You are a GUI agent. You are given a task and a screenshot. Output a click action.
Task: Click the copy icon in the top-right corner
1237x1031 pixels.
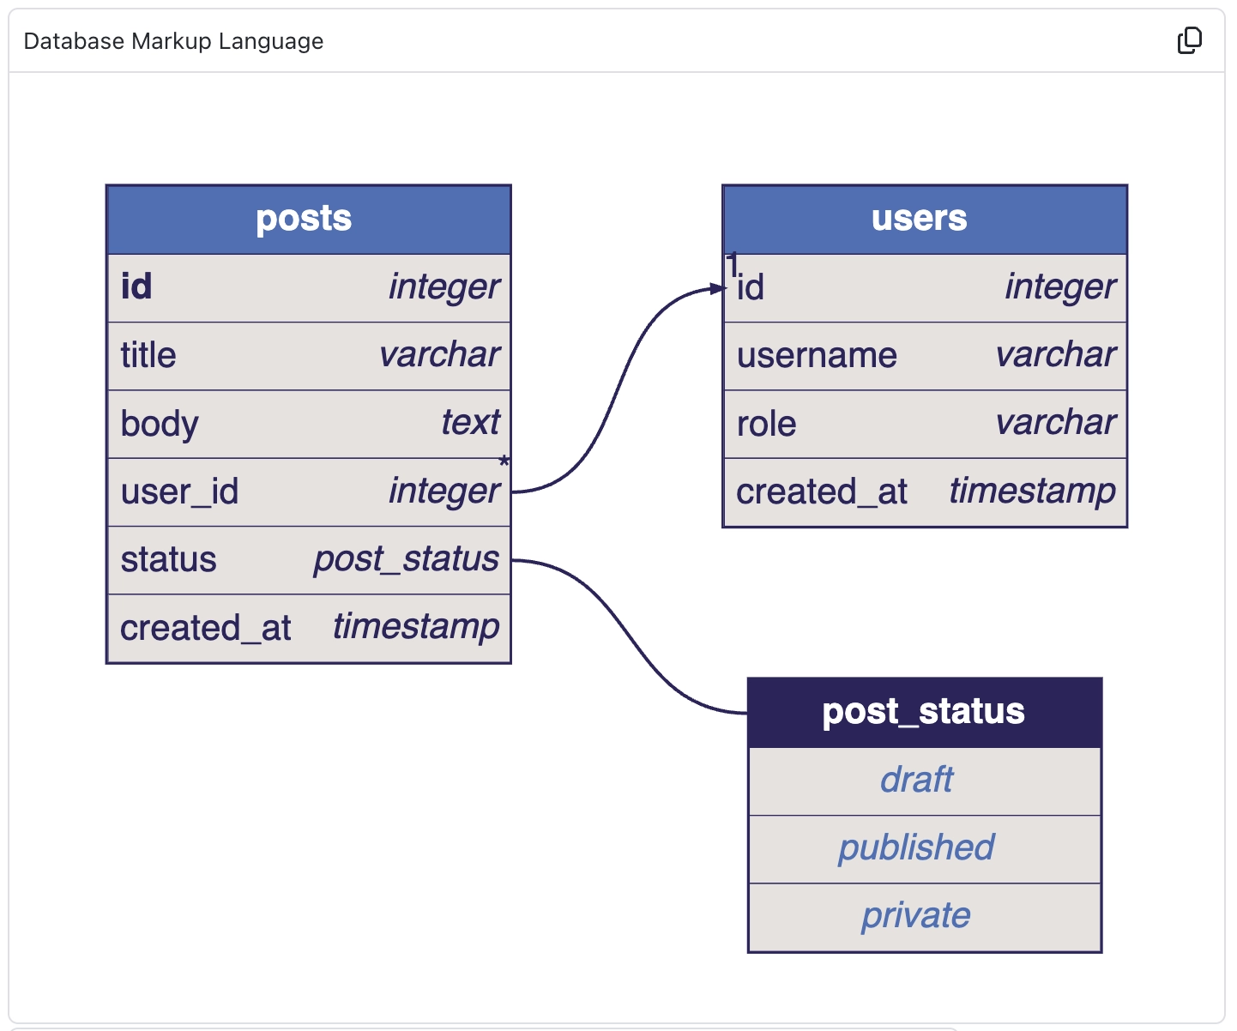[1189, 40]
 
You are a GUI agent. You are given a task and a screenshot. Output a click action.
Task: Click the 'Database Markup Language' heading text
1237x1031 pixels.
[173, 41]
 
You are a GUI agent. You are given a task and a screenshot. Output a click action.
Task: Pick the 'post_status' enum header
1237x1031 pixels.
[924, 712]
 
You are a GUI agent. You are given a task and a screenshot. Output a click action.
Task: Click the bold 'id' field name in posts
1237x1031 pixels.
[136, 286]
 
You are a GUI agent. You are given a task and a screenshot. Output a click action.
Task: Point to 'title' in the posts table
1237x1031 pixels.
[148, 355]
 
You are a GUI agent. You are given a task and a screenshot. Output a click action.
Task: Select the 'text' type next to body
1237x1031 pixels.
[470, 423]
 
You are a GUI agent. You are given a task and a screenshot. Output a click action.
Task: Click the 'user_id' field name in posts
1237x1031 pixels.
[179, 491]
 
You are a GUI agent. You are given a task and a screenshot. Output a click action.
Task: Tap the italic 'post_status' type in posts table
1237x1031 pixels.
[406, 559]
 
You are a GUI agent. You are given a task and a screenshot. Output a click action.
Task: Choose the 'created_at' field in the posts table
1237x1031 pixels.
[206, 628]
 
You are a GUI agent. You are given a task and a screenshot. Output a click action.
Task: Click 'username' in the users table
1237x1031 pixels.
[817, 355]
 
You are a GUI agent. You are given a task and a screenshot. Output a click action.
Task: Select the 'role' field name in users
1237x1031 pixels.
[766, 424]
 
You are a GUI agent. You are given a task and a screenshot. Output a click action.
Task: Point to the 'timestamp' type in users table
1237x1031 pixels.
[1032, 491]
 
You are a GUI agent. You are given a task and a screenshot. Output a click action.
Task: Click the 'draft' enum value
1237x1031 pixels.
[916, 780]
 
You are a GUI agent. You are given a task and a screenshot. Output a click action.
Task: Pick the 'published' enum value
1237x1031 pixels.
[916, 847]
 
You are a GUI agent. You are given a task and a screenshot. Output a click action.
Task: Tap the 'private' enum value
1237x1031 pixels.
[916, 915]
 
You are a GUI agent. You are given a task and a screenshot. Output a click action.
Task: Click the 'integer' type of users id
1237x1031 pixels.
[1060, 287]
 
